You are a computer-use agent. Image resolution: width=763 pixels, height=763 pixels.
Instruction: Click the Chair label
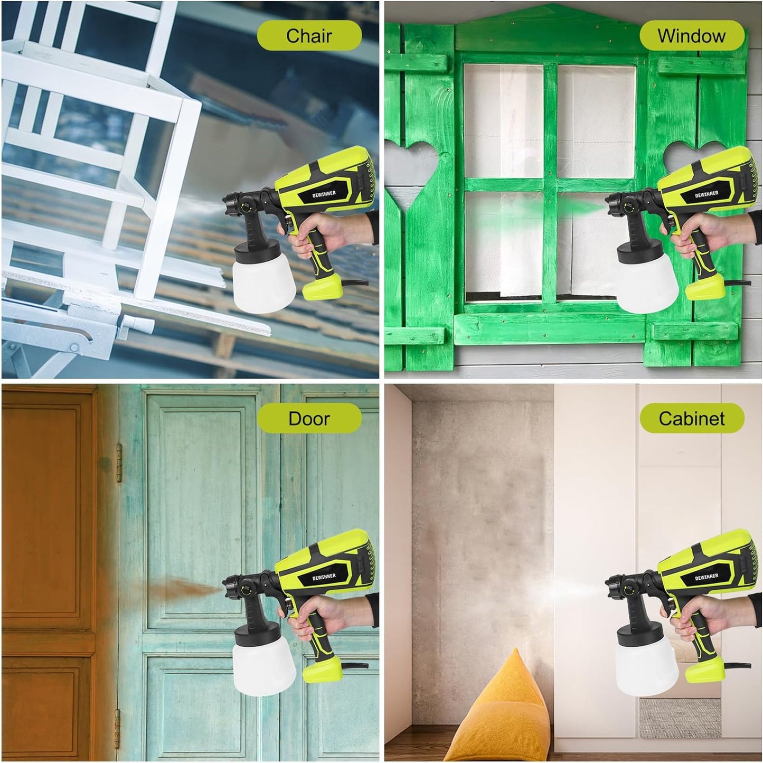(309, 35)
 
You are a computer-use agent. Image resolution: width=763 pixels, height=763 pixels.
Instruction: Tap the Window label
(691, 35)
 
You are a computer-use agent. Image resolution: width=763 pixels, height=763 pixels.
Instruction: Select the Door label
(309, 419)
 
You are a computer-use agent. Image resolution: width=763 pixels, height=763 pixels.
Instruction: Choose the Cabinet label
(691, 419)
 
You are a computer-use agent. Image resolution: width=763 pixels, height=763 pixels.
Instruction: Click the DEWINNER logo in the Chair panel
(324, 194)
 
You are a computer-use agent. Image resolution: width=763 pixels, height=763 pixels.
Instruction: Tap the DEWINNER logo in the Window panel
(707, 194)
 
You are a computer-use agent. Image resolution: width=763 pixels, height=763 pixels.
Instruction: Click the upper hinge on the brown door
(118, 463)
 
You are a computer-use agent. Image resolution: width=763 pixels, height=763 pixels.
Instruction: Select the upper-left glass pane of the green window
(503, 121)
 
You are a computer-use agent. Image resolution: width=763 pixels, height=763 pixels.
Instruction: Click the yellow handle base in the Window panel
(705, 287)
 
